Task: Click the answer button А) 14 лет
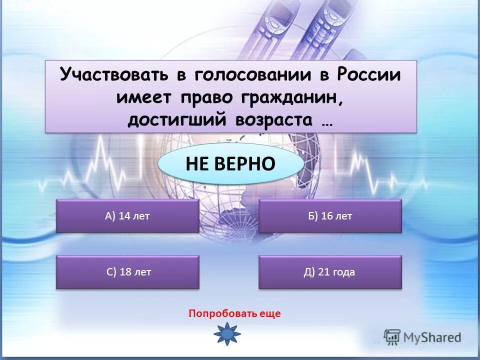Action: coord(127,216)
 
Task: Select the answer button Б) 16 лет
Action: coord(330,216)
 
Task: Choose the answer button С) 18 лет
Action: coord(127,272)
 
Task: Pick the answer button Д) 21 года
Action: coord(330,272)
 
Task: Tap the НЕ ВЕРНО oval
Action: coord(230,163)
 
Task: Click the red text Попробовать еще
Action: coord(234,314)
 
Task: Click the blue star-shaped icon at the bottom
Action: coord(227,333)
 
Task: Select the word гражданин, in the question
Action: coord(294,97)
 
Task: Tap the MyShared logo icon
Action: coord(392,336)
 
